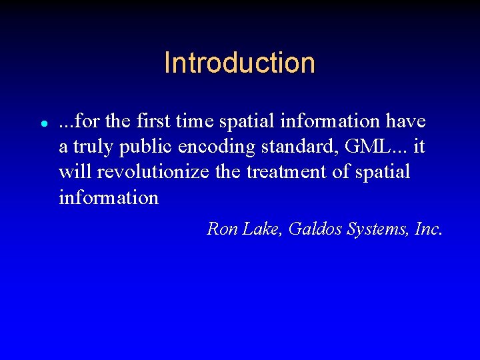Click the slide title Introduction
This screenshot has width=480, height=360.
point(239,63)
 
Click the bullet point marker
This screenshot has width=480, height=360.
point(43,124)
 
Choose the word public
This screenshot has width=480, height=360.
point(149,147)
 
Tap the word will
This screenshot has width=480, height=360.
point(75,172)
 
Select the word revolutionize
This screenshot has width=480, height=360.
point(153,172)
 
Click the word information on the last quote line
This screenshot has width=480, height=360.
point(109,197)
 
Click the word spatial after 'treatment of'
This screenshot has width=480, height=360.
point(382,172)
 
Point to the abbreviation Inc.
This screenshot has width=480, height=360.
point(428,229)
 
